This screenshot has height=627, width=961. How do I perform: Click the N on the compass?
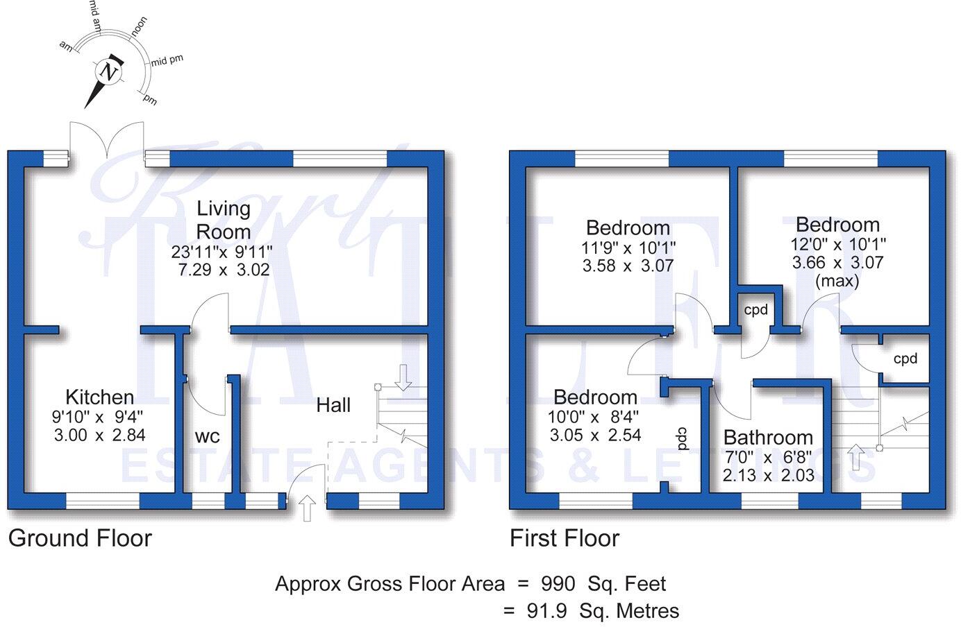click(x=107, y=71)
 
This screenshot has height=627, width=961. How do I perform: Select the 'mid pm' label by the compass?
click(x=167, y=60)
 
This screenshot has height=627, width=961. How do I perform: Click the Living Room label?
click(x=223, y=219)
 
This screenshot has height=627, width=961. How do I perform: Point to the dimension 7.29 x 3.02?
click(x=224, y=270)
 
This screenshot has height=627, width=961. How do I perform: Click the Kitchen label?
click(x=99, y=397)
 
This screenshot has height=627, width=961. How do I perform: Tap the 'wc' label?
click(x=207, y=436)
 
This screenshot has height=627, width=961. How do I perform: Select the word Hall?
click(x=333, y=405)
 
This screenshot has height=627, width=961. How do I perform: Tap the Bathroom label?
click(x=768, y=438)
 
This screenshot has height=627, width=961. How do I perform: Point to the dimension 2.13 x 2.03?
click(x=768, y=476)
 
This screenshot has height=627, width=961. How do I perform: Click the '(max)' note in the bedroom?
click(x=837, y=282)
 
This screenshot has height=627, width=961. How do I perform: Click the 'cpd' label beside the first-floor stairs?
click(x=905, y=359)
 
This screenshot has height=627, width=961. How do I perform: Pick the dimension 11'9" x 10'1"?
click(x=628, y=247)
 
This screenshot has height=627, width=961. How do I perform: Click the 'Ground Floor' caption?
click(x=80, y=538)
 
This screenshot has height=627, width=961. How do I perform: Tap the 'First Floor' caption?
click(x=565, y=538)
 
